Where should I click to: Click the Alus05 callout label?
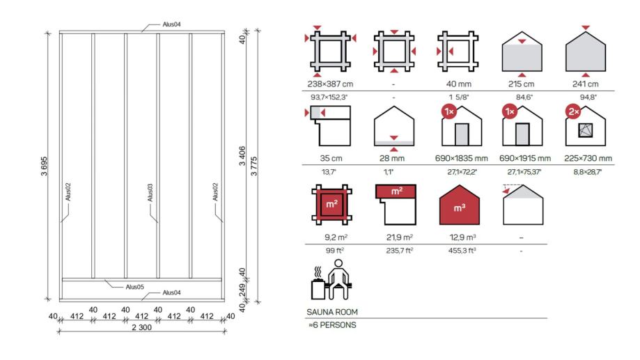[134, 287]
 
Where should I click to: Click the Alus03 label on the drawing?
[150, 193]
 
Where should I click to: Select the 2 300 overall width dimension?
[141, 327]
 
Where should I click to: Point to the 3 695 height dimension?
[44, 166]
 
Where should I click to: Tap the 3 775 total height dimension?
[254, 166]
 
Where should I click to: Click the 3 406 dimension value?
[242, 157]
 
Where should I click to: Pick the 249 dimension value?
[242, 290]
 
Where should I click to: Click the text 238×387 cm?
[330, 84]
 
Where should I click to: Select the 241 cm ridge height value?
[585, 84]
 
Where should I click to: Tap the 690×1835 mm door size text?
[461, 158]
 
